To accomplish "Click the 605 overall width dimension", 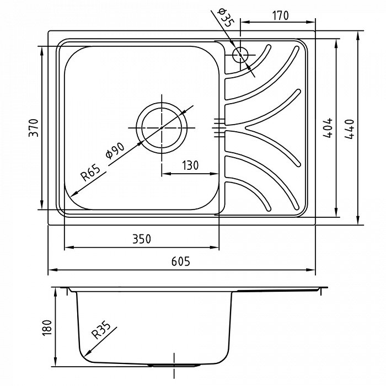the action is [x=181, y=261].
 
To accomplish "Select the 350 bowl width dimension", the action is [x=142, y=239].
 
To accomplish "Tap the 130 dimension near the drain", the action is [x=190, y=165].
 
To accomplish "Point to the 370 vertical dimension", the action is [x=34, y=128].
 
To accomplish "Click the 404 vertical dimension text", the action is [x=328, y=128].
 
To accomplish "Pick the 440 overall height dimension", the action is [x=349, y=129].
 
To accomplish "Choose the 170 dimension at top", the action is [x=280, y=15].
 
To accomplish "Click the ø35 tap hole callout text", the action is [x=226, y=17].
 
